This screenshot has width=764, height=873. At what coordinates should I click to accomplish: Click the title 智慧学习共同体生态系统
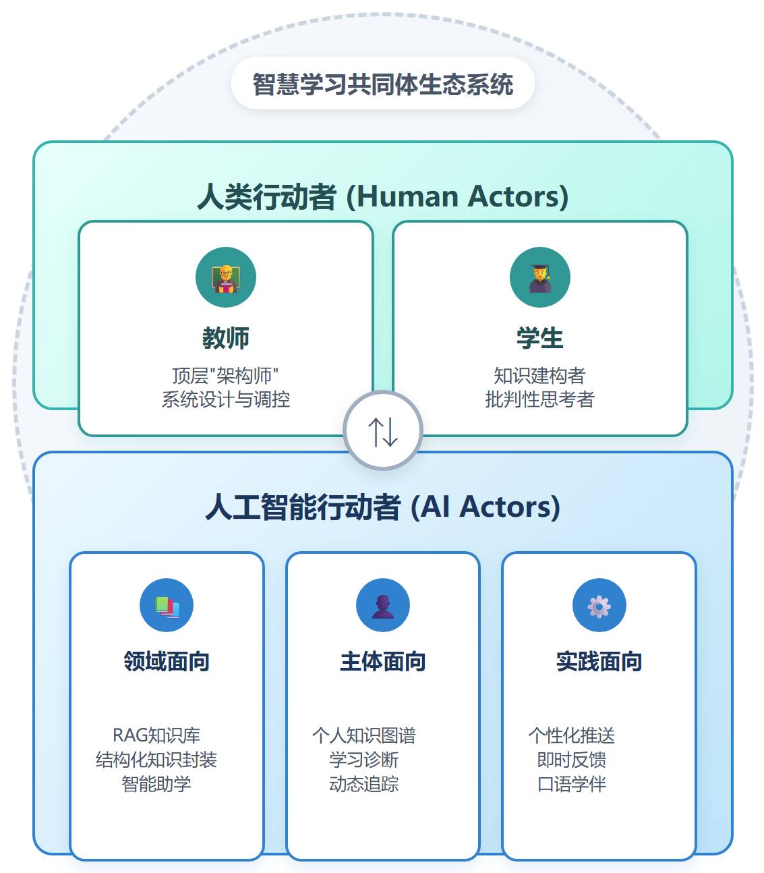(382, 84)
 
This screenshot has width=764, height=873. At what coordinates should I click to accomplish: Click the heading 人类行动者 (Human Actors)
(382, 196)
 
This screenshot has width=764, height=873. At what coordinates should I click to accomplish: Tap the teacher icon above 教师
(226, 277)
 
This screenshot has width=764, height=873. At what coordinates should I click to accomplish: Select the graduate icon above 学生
(540, 277)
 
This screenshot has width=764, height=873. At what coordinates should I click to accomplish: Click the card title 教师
(226, 337)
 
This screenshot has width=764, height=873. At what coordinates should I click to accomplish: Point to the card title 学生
(540, 337)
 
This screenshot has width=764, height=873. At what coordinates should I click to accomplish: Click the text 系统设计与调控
(226, 399)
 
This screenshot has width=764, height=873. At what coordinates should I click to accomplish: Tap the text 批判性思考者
(540, 399)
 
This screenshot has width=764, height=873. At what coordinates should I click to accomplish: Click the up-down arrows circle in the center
(383, 431)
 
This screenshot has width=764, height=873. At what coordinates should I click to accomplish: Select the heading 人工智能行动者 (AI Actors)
(382, 507)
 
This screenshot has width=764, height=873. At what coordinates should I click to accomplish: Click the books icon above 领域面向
(167, 605)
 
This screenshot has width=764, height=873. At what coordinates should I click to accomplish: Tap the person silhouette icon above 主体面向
(383, 605)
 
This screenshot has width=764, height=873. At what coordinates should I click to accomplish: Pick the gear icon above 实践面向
(599, 605)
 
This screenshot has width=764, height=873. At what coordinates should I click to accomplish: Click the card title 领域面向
(167, 661)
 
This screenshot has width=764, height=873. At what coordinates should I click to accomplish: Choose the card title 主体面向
(383, 661)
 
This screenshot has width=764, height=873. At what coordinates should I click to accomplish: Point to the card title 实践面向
(599, 661)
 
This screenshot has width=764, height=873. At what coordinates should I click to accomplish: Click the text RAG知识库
(156, 735)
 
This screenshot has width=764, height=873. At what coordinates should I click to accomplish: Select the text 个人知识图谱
(364, 735)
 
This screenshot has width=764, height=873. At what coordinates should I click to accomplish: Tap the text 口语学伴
(572, 784)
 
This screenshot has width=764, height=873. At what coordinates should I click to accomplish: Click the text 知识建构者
(540, 375)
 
